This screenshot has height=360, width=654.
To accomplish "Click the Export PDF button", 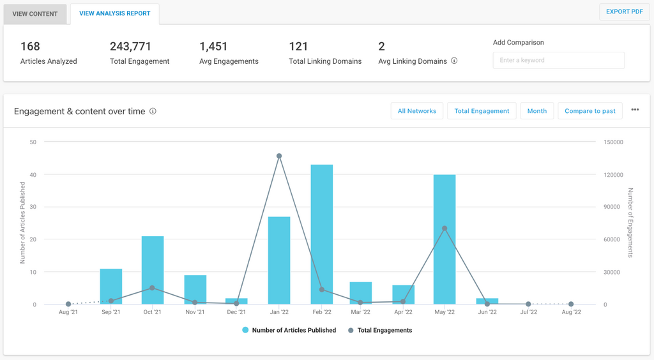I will pos(624,11).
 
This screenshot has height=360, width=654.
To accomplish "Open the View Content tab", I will pos(35,13).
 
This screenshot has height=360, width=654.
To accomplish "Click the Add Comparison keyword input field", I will pos(558,60).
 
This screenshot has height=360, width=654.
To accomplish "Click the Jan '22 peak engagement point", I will pos(279,156).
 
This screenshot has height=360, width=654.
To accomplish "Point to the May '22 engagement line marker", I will pos(445,228).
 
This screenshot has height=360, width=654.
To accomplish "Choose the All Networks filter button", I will pos(416,111).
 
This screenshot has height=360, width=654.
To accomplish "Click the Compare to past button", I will pos(589,111).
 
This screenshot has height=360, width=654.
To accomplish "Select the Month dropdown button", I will pos(536,111).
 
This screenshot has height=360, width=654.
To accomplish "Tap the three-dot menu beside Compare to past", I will pos(635,110).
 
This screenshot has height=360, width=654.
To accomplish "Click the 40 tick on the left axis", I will pos(33,175).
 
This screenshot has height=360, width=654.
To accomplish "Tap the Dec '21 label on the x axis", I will pos(236,312).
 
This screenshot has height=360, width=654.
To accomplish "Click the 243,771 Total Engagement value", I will pos(130,47).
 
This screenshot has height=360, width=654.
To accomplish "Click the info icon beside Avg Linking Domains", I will pos(454,61).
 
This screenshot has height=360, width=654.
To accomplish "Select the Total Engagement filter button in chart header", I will pos(482,111).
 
